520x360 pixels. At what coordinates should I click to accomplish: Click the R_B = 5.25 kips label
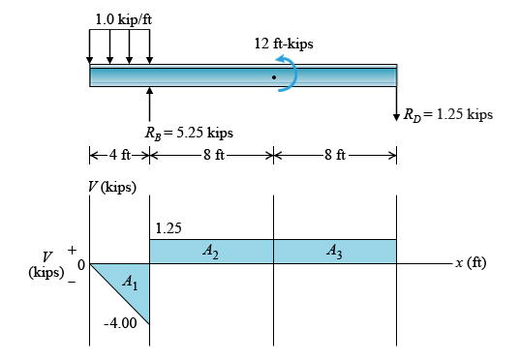click(187, 134)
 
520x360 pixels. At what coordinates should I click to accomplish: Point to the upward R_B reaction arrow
click(150, 104)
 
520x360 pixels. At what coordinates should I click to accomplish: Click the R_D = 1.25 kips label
click(448, 114)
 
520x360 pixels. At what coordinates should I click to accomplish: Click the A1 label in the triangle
click(131, 282)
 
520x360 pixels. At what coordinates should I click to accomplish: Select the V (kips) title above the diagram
click(112, 186)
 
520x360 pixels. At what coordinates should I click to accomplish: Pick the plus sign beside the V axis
click(71, 251)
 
